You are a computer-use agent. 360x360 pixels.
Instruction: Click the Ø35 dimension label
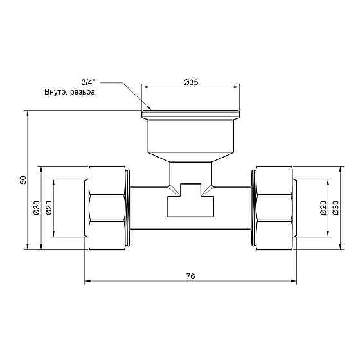191,82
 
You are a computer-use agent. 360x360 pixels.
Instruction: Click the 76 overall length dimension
190,276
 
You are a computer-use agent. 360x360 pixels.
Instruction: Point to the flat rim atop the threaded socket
191,114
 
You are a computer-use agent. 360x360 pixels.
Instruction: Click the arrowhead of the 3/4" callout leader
148,107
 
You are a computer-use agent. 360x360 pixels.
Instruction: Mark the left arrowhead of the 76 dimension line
87,281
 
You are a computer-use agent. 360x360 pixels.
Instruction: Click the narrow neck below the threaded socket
191,172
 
